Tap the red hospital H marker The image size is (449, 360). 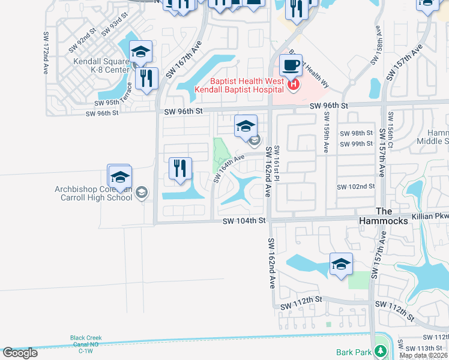[293, 85]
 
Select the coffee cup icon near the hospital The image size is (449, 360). [291, 65]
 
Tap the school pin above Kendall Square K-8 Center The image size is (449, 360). [140, 52]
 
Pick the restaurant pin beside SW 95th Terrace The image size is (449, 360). [146, 78]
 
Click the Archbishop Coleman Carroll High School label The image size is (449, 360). [94, 193]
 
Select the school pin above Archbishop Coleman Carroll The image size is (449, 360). [119, 176]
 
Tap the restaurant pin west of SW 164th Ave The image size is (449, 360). [180, 169]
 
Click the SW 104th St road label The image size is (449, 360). [244, 221]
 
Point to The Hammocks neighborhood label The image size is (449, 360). [391, 217]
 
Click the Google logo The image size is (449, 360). [20, 353]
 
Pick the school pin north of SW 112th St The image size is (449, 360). [341, 264]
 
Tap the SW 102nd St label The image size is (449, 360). [355, 187]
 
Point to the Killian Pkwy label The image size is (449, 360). [430, 215]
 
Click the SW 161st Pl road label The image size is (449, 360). [277, 161]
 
